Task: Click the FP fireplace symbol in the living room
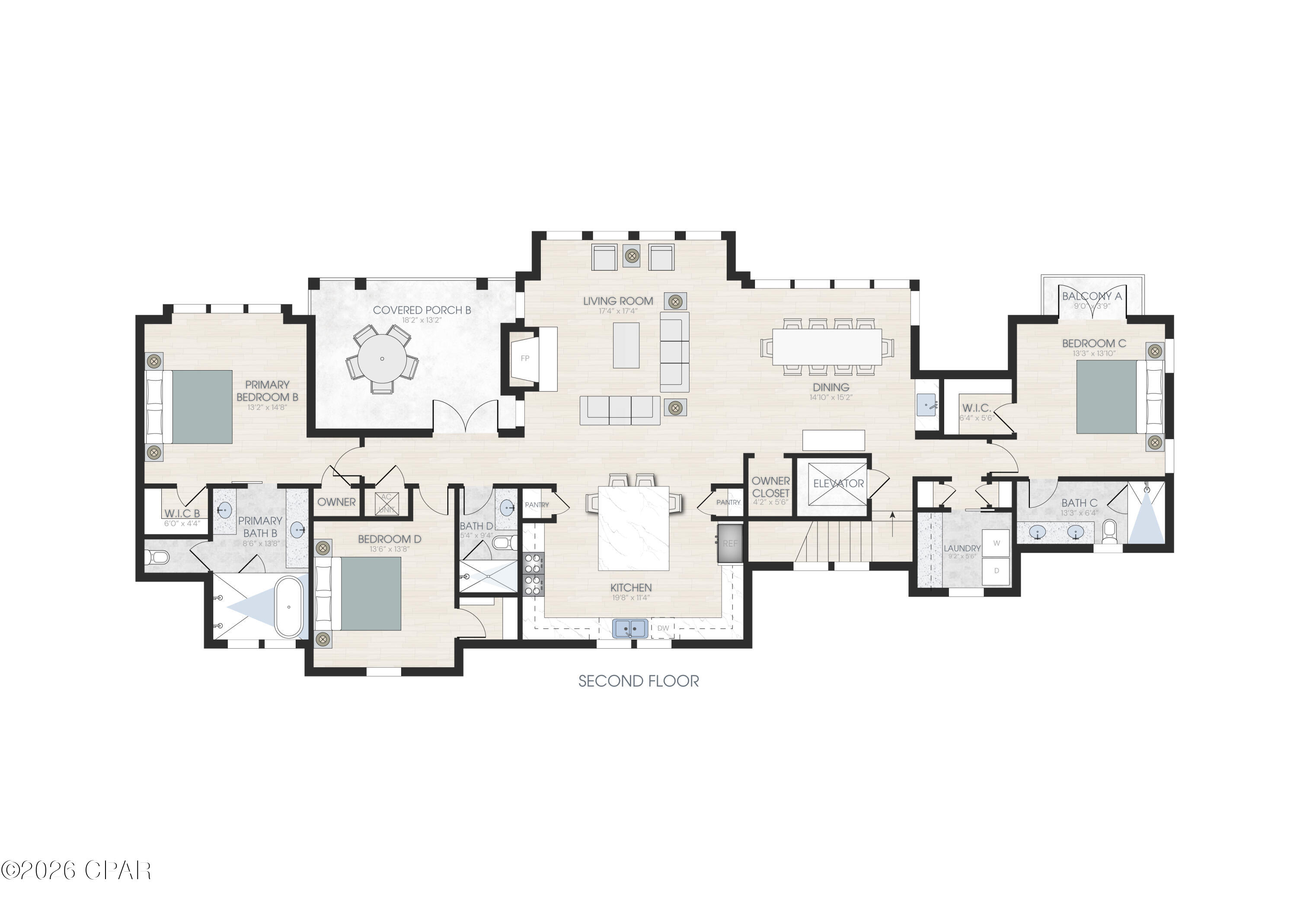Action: (x=525, y=358)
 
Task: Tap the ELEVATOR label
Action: (x=838, y=484)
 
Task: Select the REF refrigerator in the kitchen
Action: (x=730, y=544)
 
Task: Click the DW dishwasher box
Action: (x=663, y=628)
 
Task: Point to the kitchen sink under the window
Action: (x=630, y=628)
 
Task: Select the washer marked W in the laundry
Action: (x=997, y=543)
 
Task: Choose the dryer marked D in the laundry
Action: (x=997, y=571)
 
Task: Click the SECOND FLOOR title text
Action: (x=638, y=682)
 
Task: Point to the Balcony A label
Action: (x=1091, y=297)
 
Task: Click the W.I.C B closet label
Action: (x=182, y=514)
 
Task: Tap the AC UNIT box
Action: (x=387, y=503)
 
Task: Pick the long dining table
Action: (x=827, y=346)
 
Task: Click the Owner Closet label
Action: (x=770, y=486)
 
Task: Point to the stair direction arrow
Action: (x=892, y=516)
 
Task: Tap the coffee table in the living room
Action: (x=626, y=345)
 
